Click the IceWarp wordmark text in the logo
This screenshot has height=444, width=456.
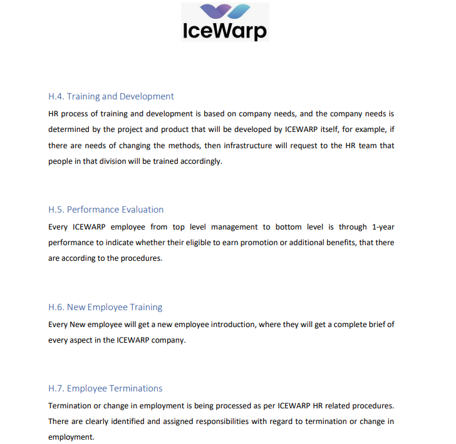(x=225, y=31)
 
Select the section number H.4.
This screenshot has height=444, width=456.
(x=56, y=96)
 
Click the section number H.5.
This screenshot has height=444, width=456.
(x=56, y=209)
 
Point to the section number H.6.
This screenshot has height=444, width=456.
(x=56, y=307)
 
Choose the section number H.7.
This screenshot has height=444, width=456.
(x=56, y=388)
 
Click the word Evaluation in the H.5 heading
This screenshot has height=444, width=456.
(x=142, y=209)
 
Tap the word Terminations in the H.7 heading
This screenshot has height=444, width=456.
(x=135, y=388)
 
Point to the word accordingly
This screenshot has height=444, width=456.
(x=201, y=161)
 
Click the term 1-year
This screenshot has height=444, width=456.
(x=383, y=226)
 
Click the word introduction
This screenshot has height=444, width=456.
(x=216, y=325)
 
